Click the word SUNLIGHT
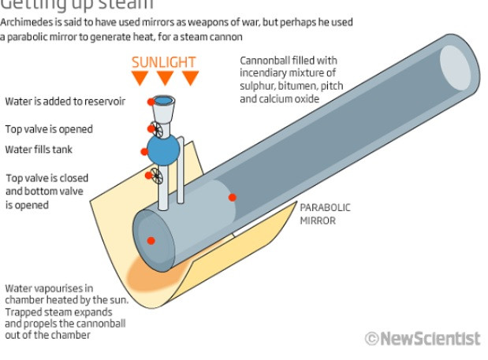pos(164,62)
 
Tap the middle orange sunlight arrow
pos(165,78)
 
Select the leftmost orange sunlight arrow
pos(140,78)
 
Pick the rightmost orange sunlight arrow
pos(191,78)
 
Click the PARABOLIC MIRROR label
pos(324,214)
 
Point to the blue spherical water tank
pos(164,149)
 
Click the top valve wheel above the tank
pos(158,128)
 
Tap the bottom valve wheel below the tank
pos(157,177)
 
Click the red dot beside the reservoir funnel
pos(151,102)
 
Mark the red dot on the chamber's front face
pos(151,240)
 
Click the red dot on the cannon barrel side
pos(232,197)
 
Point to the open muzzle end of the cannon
pos(459,64)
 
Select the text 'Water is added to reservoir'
pos(65,102)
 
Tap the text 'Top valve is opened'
pos(49,129)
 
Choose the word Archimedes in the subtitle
pos(28,21)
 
